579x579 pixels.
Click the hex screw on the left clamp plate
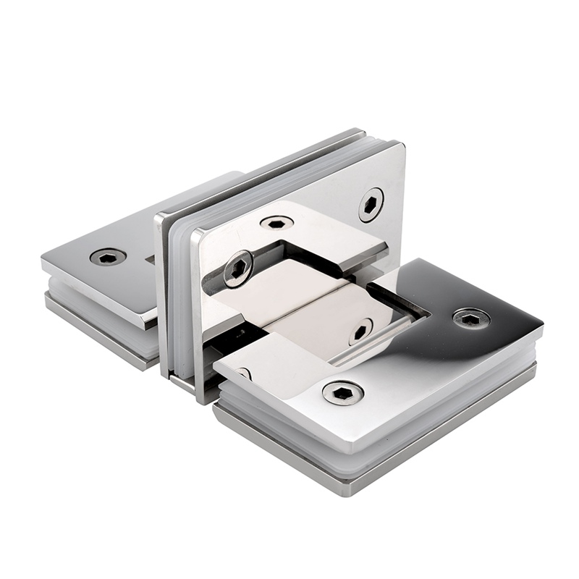click(x=108, y=256)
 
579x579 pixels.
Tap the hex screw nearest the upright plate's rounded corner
click(x=371, y=204)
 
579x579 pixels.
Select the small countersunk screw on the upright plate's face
click(x=277, y=224)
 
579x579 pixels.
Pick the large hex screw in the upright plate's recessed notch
click(x=237, y=269)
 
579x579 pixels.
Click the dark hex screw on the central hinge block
click(x=360, y=331)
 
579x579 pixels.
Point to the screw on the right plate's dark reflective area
click(x=471, y=318)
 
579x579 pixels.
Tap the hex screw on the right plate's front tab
click(x=342, y=392)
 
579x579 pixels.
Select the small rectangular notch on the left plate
click(x=150, y=258)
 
